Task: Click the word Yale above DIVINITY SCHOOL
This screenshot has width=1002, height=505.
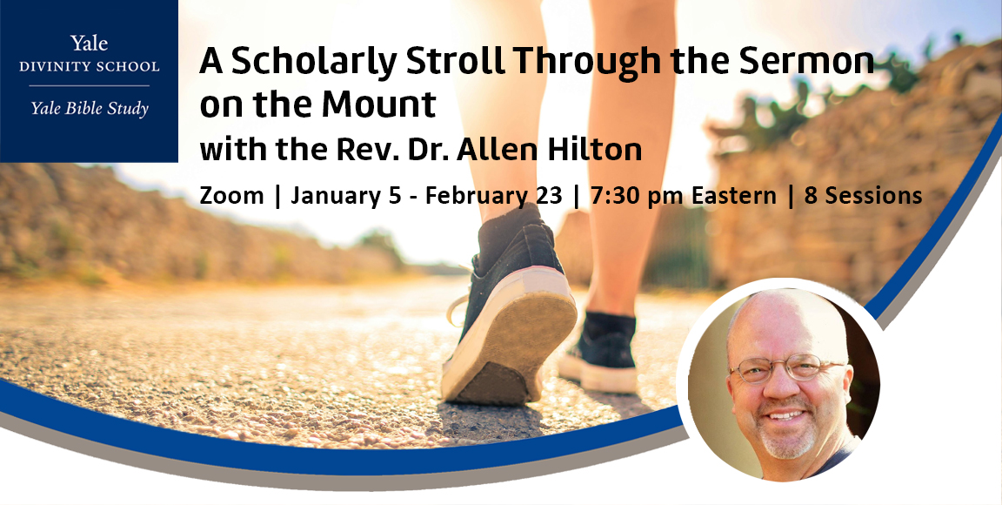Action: (89, 44)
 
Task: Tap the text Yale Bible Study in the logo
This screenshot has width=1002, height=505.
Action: (89, 109)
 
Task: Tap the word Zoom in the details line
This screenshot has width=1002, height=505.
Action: (231, 196)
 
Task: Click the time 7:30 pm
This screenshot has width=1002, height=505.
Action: (636, 196)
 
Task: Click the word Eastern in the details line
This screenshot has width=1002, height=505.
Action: (733, 196)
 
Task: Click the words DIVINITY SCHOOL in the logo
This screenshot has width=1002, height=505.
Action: (89, 66)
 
